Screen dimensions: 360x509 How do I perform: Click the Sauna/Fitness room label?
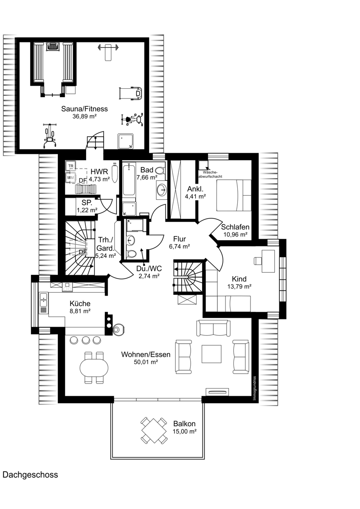(84, 109)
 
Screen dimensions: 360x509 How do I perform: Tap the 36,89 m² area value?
(84, 117)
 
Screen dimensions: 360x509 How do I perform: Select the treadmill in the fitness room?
(130, 93)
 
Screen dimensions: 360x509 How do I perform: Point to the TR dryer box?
(71, 166)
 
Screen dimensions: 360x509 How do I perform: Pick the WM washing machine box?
(70, 178)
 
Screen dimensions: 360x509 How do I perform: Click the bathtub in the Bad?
(129, 179)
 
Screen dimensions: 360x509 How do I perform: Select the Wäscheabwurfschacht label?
(211, 174)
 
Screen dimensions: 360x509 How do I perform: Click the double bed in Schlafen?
(234, 195)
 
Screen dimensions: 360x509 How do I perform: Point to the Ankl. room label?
(195, 189)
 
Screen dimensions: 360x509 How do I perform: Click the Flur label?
(180, 239)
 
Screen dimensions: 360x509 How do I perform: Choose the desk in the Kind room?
(268, 261)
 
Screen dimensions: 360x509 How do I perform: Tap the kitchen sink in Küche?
(43, 299)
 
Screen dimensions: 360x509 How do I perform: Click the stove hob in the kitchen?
(67, 287)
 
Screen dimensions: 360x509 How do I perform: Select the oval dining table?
(94, 368)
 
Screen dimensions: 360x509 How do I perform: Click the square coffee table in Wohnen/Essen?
(211, 354)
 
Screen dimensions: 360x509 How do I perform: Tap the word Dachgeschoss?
(30, 475)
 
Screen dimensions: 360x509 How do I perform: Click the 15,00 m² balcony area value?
(185, 431)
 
